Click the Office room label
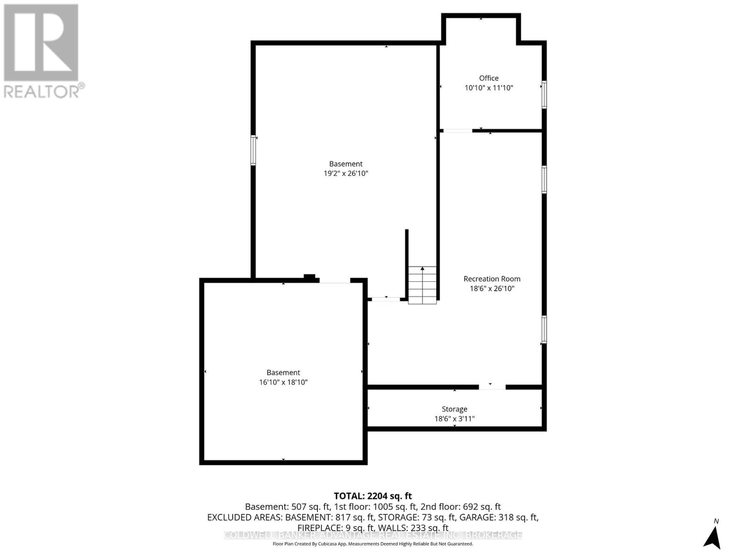pos(489,78)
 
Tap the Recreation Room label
pos(492,279)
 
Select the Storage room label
pos(454,409)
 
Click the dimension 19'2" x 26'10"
pos(345,173)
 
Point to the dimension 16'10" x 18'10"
pos(283,382)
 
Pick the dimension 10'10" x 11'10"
pos(489,88)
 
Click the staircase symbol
pos(422,285)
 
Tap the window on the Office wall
pos(544,95)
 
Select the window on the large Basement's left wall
pos(253,150)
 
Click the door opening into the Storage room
pos(492,387)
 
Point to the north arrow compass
pos(712,537)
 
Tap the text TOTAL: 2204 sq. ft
pos(373,496)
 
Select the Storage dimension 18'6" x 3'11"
pos(454,419)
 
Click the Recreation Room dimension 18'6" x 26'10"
pos(492,288)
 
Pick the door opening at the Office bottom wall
pos(457,131)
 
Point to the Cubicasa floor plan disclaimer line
pos(373,544)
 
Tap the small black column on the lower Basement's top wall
pos(310,277)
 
